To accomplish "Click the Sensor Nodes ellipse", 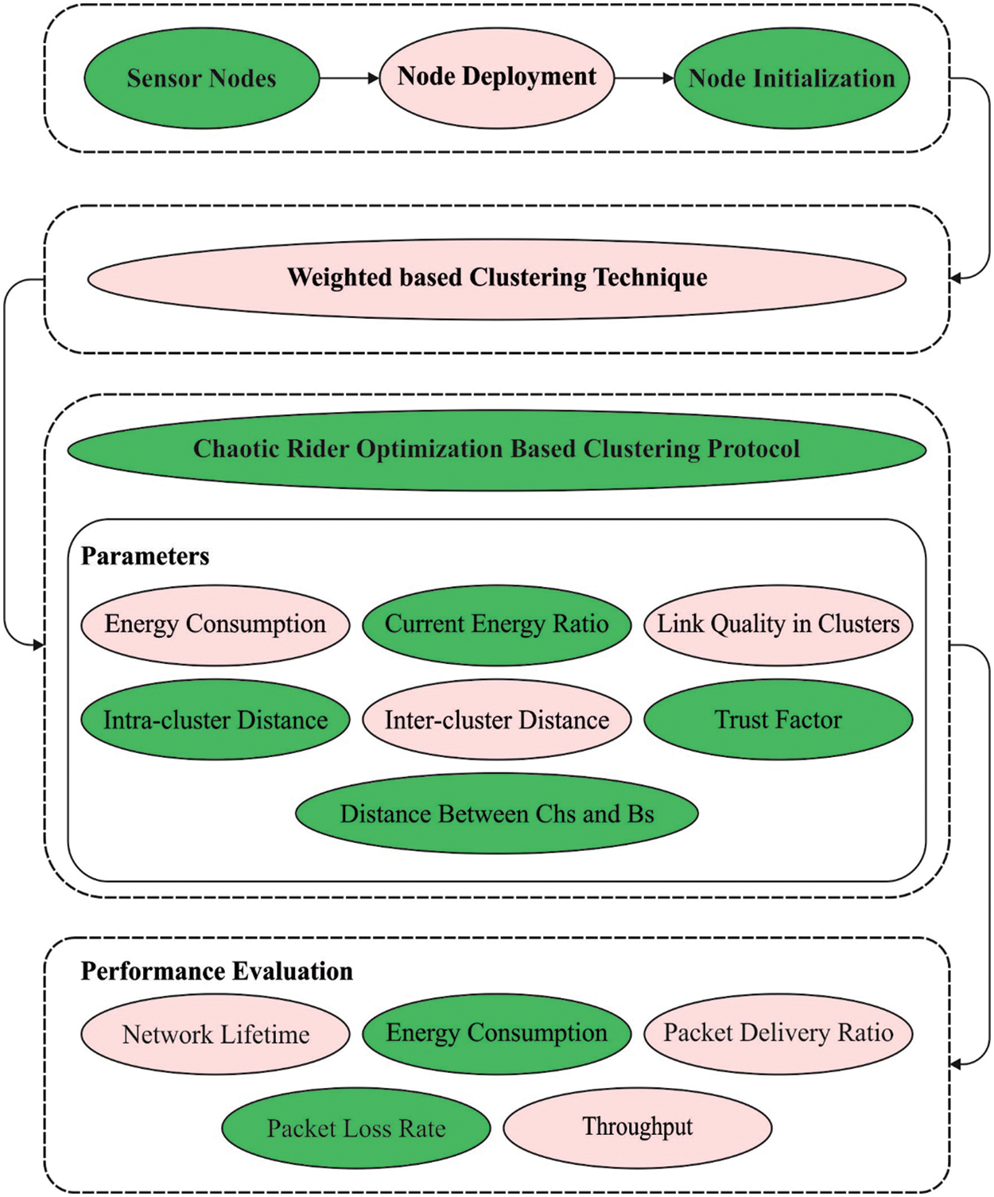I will point(201,78).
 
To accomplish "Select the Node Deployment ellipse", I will point(496,77).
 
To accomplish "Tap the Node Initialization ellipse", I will point(791,78).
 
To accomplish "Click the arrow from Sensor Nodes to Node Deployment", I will point(349,78).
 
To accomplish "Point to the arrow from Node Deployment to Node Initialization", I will point(644,78).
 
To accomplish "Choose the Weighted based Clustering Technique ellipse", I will point(496,278).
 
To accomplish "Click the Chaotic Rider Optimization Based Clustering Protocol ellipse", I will point(496,449).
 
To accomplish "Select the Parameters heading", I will point(145,556).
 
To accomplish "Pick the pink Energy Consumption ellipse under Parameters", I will point(215,624).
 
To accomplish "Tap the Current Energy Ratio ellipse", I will point(496,624).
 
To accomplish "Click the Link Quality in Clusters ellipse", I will point(778,624).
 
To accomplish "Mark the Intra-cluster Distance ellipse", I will point(215,720).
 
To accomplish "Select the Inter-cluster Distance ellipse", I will point(496,720).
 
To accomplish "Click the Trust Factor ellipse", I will point(778,720).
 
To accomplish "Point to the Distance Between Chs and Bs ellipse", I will point(496,814).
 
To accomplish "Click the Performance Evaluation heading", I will point(216,971).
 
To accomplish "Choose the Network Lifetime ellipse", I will point(215,1034).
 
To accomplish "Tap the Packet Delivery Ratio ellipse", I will point(778,1033).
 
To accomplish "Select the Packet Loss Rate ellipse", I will point(355,1128).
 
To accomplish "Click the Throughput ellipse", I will point(637,1127).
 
